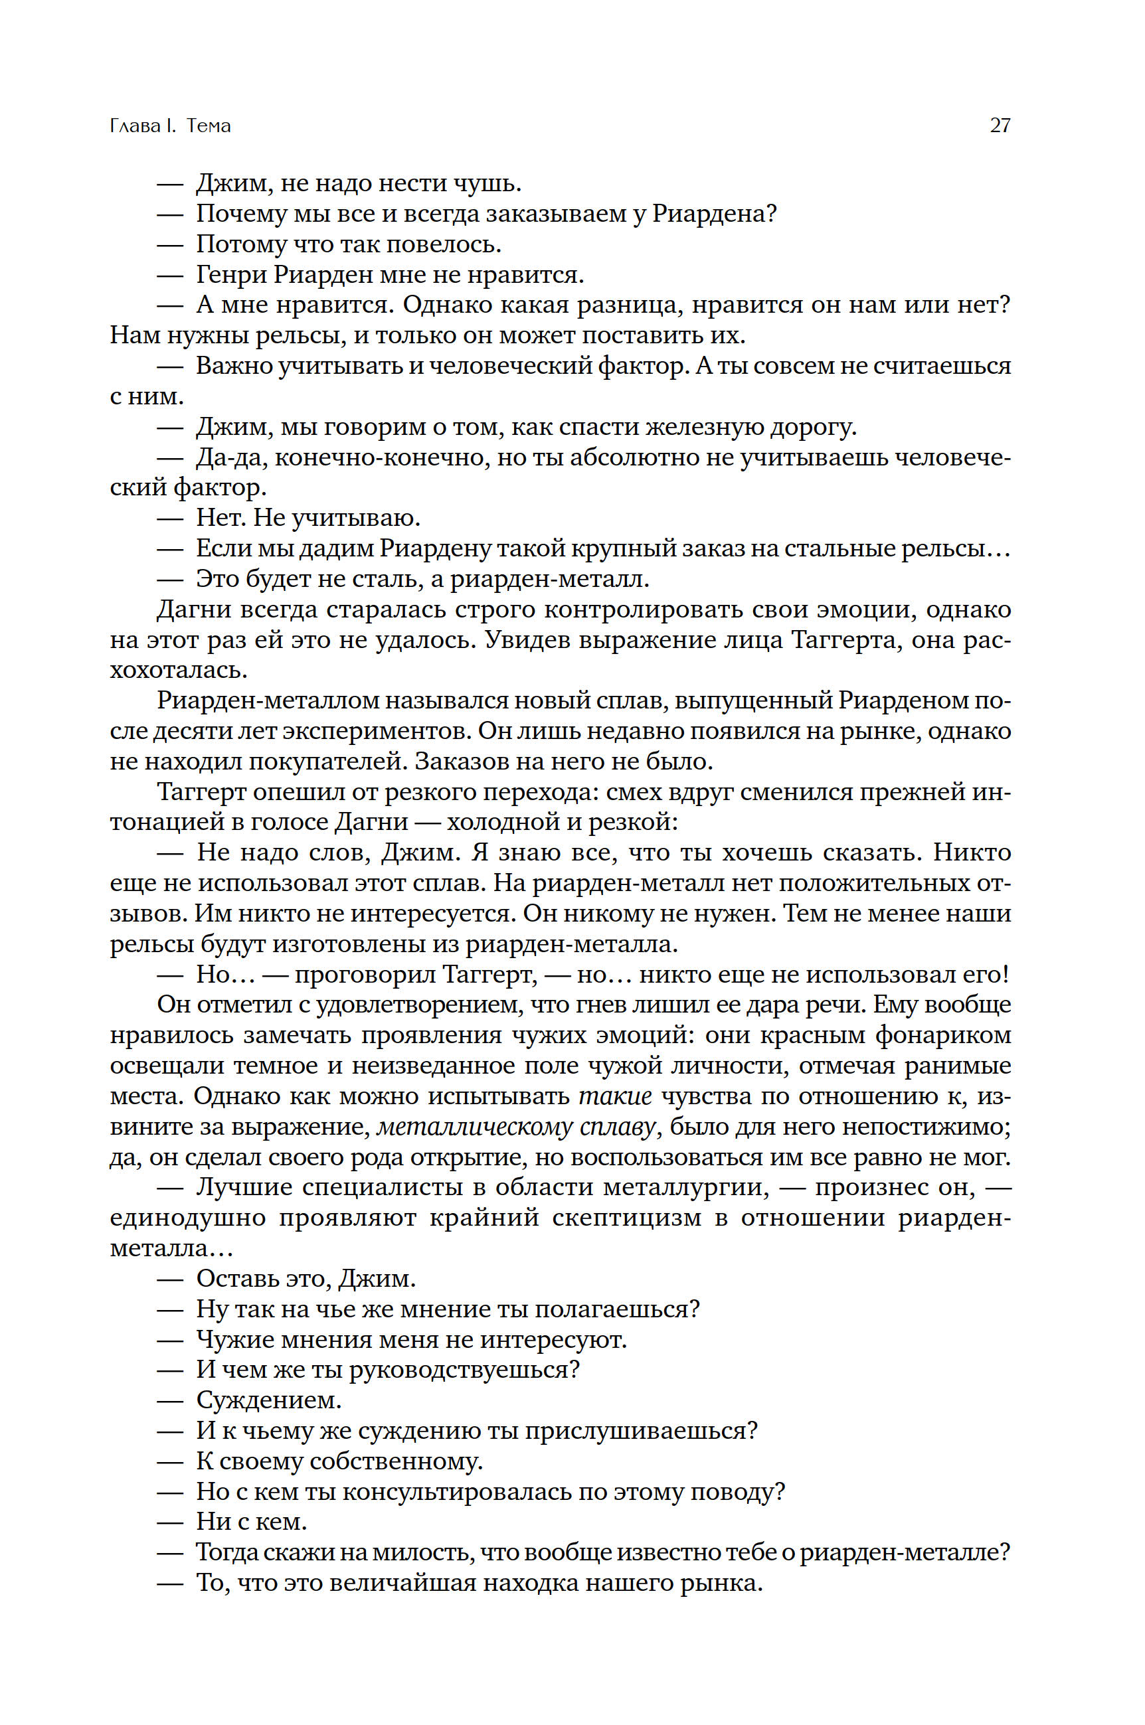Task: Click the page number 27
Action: (x=1000, y=125)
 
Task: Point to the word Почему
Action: (x=241, y=214)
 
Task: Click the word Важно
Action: (x=233, y=366)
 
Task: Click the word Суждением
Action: (x=269, y=1401)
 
